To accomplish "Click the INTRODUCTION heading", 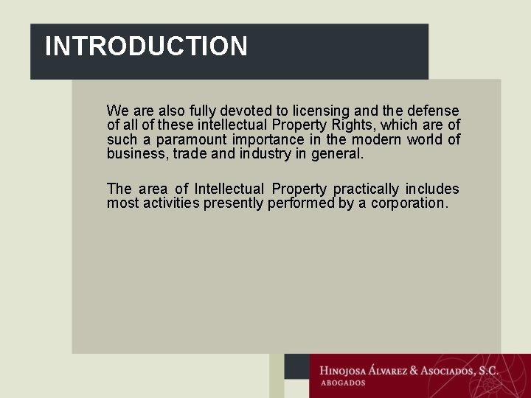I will (x=146, y=46).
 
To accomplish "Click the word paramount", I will (x=191, y=140).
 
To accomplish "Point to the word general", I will (x=338, y=155).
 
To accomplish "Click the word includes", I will (x=432, y=189).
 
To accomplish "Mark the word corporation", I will (x=409, y=203).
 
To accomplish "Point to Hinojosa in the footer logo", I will (x=349, y=371).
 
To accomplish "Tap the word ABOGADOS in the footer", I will (x=343, y=383).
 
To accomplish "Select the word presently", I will (x=233, y=203).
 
